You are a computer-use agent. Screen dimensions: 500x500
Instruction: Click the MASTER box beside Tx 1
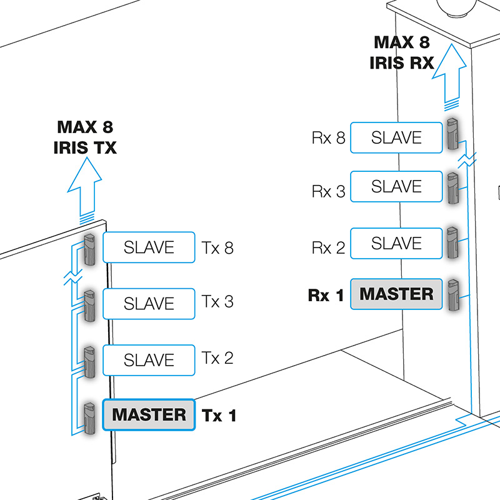coord(149,414)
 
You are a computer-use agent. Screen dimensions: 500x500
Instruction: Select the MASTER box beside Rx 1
coord(396,294)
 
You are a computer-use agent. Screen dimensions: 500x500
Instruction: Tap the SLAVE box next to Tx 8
coord(149,247)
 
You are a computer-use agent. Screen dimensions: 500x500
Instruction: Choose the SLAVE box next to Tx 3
coord(149,304)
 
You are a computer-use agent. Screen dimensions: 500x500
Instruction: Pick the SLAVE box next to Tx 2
coord(149,360)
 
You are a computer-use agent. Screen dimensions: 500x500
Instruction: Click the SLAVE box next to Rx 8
coord(396,137)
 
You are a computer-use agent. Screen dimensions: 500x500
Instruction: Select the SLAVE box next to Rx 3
coord(396,187)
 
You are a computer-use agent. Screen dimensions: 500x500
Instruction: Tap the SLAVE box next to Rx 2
coord(396,243)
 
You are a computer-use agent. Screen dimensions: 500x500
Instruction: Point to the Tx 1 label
coord(219,415)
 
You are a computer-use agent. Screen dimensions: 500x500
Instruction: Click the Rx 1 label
coord(326,295)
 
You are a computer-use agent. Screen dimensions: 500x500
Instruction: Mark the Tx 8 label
coord(217,247)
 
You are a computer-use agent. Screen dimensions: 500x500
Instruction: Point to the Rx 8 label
coord(328,138)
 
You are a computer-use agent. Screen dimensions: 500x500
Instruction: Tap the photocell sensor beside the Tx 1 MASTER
coord(89,416)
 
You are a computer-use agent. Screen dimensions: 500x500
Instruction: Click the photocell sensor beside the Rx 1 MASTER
coord(453,295)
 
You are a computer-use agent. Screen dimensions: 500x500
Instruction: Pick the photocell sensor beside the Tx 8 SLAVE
coord(89,249)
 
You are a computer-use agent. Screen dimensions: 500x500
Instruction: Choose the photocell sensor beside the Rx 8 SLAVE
coord(452,134)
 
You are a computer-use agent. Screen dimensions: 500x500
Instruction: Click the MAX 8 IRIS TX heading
coord(86,137)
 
